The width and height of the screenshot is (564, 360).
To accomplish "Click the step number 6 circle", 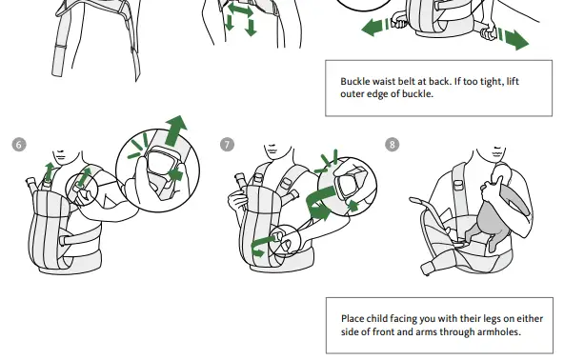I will click(x=19, y=145).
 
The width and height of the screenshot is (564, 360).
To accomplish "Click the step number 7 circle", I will click(x=227, y=145).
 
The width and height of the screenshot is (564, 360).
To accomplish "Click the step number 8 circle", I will click(x=393, y=145).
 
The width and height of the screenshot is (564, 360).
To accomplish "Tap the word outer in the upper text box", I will click(x=355, y=95).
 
